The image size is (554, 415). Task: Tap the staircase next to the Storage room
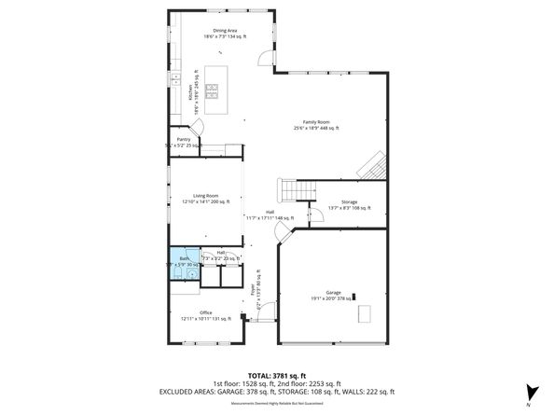[x=296, y=190]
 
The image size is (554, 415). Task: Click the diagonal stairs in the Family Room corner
[x=372, y=166]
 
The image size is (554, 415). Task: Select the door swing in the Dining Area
[x=267, y=59]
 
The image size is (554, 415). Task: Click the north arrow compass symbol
[x=531, y=394]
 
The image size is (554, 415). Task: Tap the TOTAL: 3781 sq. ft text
[x=277, y=375]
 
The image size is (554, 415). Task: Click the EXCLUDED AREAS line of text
[x=277, y=392]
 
